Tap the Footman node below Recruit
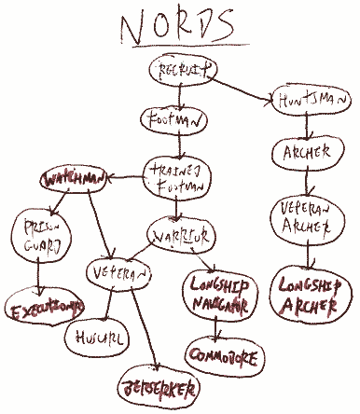point(173,120)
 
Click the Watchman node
point(73,176)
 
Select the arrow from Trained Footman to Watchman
point(125,173)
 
